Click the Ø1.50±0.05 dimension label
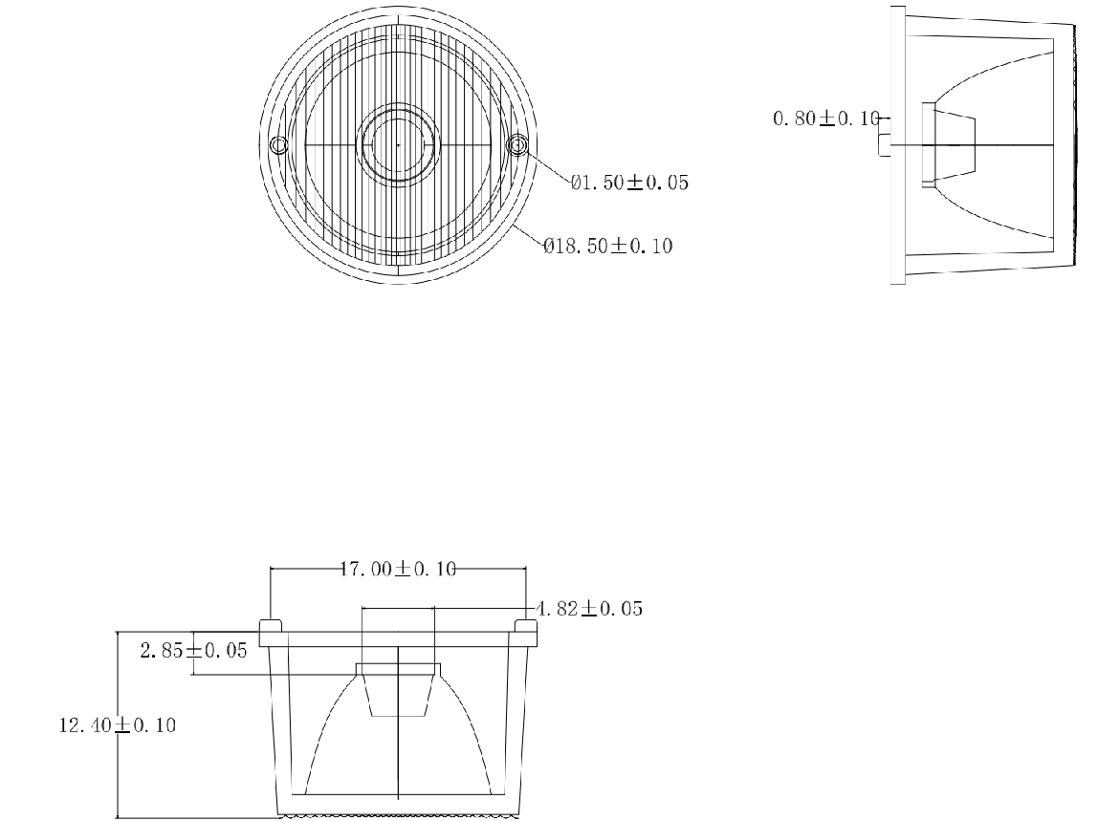628,183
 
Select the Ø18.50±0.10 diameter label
607,247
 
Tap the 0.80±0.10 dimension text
824,119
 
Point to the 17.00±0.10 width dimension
398,569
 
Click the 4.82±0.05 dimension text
587,608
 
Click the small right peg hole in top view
517,145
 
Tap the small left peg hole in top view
278,145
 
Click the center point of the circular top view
398,144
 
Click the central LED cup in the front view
397,688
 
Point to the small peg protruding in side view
885,144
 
